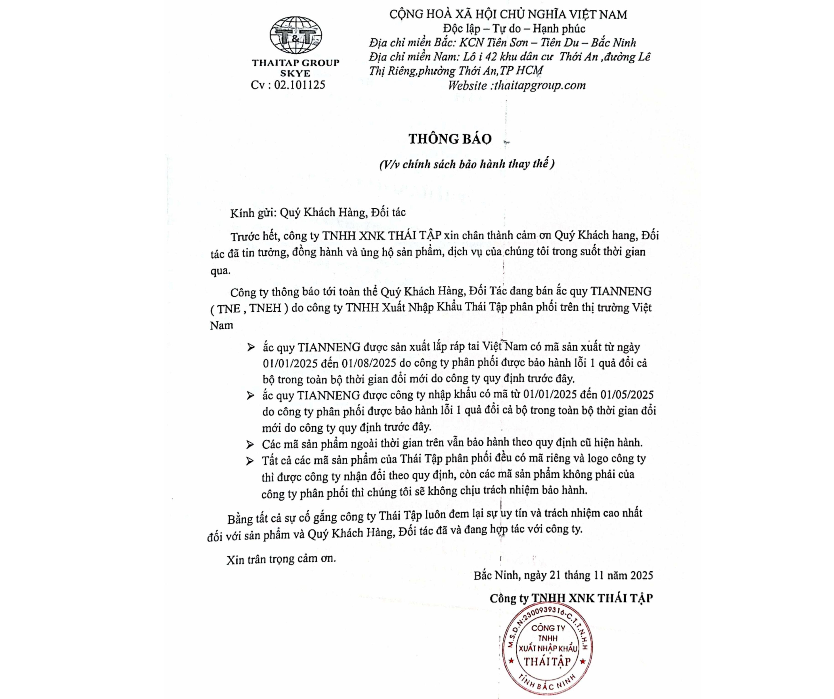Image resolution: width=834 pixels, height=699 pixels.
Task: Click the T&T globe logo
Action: click(296, 35)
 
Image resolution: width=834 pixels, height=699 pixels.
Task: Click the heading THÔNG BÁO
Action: click(450, 138)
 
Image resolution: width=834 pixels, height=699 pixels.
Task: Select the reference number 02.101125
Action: click(299, 85)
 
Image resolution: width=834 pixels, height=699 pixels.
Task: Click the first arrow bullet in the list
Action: click(251, 348)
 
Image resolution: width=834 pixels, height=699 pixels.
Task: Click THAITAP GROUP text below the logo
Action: click(296, 63)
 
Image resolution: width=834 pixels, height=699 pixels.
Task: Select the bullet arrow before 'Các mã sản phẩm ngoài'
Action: click(250, 444)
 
